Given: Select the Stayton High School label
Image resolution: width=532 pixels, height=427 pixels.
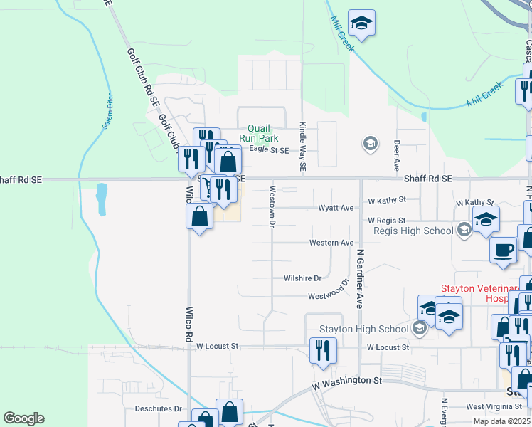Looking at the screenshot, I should (x=363, y=329).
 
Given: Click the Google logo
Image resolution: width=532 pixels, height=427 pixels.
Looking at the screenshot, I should (x=23, y=418).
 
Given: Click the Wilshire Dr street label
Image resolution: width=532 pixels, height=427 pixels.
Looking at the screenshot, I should (x=303, y=278).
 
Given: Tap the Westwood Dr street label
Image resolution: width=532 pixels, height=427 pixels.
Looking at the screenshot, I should (x=328, y=295).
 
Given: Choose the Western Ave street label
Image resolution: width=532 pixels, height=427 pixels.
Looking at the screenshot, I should (x=331, y=243).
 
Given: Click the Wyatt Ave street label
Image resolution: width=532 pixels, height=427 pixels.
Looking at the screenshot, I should (x=336, y=209).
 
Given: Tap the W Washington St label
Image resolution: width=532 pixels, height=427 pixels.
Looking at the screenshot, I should (x=347, y=381).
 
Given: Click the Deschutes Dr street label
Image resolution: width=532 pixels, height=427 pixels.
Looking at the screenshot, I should (x=159, y=409).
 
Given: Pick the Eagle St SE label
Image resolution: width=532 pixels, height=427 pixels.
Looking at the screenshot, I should (x=269, y=151).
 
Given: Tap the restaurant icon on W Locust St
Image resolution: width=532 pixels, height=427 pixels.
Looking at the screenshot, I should (x=323, y=350).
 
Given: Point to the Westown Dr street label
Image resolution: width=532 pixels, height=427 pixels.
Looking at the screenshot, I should (x=272, y=206).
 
